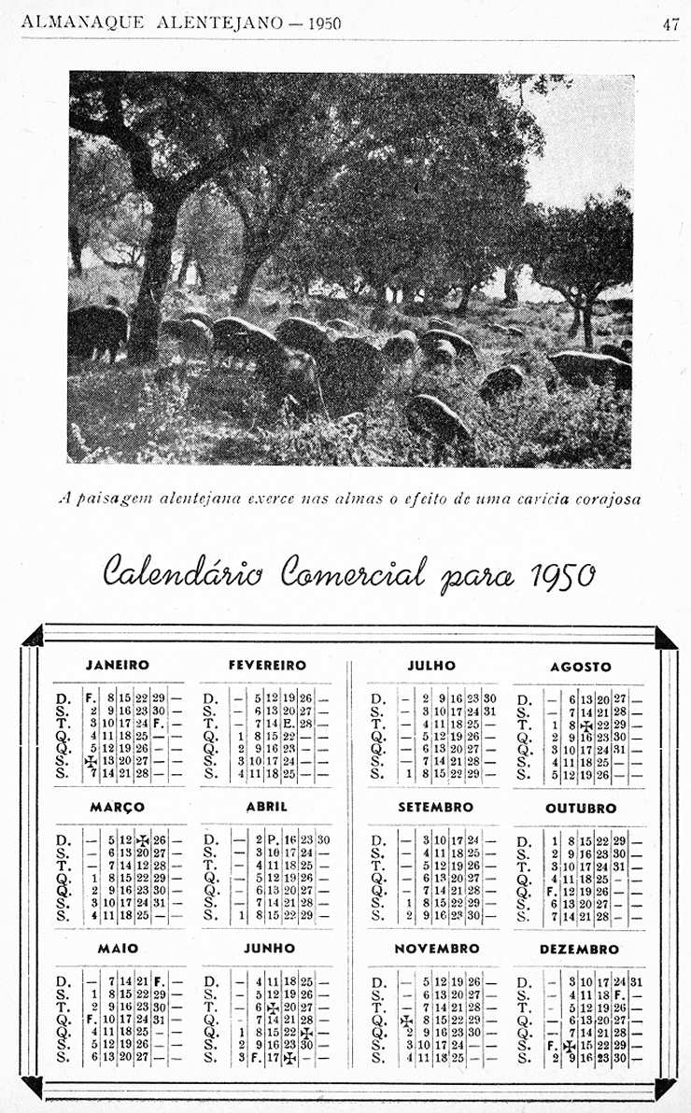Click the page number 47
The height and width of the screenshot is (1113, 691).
point(670,25)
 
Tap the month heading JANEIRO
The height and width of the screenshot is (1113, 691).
point(118,666)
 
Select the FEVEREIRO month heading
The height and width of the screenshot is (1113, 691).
point(267,666)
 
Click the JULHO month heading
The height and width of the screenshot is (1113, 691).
point(431,666)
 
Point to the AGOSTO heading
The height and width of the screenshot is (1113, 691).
point(580,667)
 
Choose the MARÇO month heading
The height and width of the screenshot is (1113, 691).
point(117,807)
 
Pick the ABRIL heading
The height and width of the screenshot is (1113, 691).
point(266,807)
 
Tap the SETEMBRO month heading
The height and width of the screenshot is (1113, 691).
point(435,807)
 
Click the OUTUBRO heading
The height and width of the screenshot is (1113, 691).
point(581,808)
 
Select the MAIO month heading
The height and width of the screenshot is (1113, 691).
point(118,949)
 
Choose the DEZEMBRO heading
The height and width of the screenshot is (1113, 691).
point(580,950)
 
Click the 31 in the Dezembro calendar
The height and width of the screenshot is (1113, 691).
point(636,980)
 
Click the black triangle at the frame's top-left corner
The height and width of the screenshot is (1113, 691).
point(35,639)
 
